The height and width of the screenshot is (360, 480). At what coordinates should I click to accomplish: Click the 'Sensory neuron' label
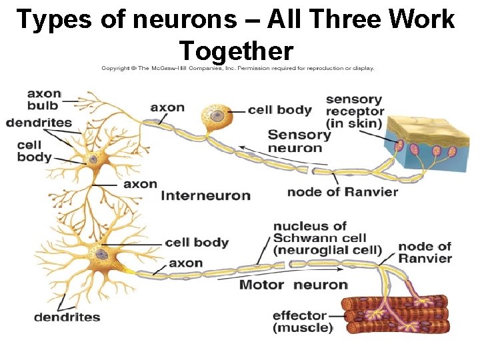[299, 141]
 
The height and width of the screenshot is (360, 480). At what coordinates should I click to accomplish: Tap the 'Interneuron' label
[205, 196]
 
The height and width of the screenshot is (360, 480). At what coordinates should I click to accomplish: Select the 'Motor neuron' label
[293, 285]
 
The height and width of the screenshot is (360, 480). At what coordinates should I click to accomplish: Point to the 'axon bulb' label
[43, 99]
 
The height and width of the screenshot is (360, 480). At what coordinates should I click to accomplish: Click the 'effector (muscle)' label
[303, 321]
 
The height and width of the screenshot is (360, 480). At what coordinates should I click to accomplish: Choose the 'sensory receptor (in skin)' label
[355, 111]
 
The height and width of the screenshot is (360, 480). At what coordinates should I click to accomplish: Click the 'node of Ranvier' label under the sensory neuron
[342, 192]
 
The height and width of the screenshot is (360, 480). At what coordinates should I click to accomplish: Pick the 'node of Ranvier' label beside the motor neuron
[425, 252]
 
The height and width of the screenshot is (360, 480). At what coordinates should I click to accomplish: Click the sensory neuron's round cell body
[217, 117]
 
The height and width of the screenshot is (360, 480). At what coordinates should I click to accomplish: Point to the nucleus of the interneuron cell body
[92, 159]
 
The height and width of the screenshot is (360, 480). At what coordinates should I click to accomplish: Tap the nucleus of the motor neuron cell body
[101, 253]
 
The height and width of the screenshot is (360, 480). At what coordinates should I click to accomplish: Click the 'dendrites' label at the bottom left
[67, 317]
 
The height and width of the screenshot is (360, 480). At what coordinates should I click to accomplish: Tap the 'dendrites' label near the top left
[39, 123]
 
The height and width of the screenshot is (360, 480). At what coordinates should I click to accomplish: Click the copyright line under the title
[237, 67]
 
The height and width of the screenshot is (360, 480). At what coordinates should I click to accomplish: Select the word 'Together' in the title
[236, 50]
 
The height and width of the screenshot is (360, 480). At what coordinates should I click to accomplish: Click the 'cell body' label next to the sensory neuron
[279, 110]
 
